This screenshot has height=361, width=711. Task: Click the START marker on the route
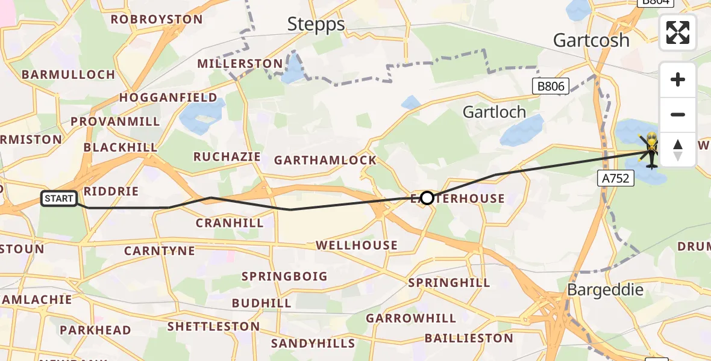point(59,199)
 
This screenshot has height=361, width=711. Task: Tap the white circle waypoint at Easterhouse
point(427,197)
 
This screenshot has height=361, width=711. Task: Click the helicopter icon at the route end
point(651,150)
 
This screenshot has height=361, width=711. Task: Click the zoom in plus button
point(678,79)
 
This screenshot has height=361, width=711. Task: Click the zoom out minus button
point(678,114)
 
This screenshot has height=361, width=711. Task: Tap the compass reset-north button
point(678,150)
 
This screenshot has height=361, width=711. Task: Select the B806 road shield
point(551,87)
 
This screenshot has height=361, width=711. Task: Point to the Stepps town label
point(316,24)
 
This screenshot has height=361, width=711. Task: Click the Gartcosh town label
point(591,40)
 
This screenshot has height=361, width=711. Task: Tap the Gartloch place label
point(494,112)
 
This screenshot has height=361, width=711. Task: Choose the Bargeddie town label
point(606,289)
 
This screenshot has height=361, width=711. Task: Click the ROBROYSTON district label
point(157,19)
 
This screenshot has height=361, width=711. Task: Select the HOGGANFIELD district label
point(168,97)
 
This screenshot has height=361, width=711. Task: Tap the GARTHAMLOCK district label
point(325,160)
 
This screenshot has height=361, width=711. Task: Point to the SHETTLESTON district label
point(213,327)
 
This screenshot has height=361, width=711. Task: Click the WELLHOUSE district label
point(357,245)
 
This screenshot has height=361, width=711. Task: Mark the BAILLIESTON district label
point(469,338)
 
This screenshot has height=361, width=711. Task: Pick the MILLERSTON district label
point(240,64)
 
